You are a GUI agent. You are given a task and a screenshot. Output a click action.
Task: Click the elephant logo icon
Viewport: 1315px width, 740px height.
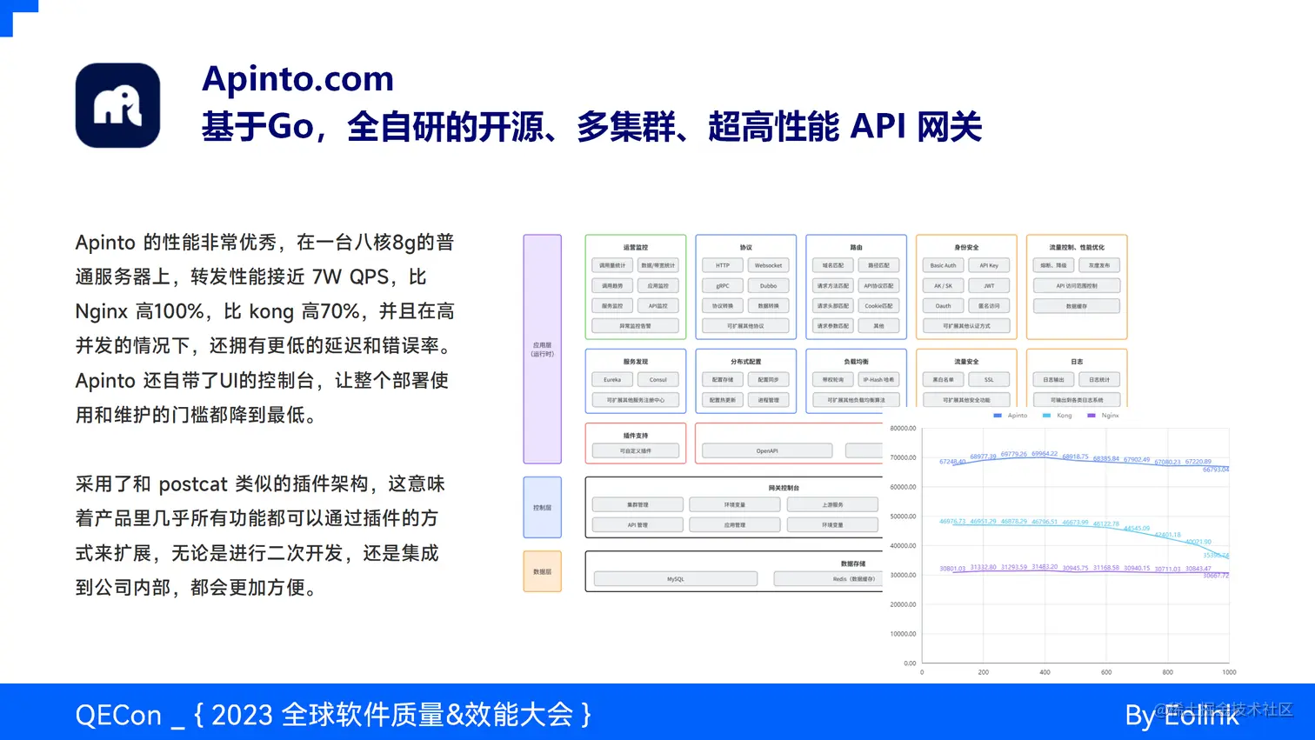(x=118, y=105)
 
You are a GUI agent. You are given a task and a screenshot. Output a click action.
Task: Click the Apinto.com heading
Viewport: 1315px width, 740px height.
(x=297, y=79)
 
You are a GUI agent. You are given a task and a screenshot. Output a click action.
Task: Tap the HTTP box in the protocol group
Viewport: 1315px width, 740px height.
(x=723, y=265)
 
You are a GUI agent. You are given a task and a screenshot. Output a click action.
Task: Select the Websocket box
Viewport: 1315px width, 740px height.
(x=768, y=265)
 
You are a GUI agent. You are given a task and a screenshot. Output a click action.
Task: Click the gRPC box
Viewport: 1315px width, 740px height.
(x=723, y=285)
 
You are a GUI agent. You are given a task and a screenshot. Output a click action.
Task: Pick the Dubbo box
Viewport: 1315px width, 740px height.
(x=768, y=285)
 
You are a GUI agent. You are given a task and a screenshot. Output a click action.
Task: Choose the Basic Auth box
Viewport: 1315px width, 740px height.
(x=943, y=265)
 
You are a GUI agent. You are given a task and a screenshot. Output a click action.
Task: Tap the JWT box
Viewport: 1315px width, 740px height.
(x=989, y=285)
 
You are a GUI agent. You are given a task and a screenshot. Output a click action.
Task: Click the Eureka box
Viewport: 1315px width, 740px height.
(x=612, y=379)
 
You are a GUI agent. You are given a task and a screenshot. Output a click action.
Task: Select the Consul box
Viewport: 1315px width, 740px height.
(x=657, y=379)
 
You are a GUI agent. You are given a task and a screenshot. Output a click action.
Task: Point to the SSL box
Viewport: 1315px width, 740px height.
(x=989, y=379)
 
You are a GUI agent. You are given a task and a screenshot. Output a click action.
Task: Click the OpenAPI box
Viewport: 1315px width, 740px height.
(x=767, y=450)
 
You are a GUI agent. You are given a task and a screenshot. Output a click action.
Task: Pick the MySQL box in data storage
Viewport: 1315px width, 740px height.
(x=675, y=578)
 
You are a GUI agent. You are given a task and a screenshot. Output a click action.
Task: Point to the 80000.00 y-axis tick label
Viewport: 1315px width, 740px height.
(x=903, y=429)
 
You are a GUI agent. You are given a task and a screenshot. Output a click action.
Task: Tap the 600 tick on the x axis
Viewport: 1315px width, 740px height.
(x=1106, y=672)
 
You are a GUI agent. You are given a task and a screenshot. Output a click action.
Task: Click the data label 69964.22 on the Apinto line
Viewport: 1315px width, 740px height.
(x=1045, y=454)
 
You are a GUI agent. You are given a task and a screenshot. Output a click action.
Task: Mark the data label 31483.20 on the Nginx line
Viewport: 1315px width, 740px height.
(x=1045, y=567)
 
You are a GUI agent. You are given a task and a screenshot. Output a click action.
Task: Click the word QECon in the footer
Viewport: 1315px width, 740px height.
(x=118, y=715)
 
